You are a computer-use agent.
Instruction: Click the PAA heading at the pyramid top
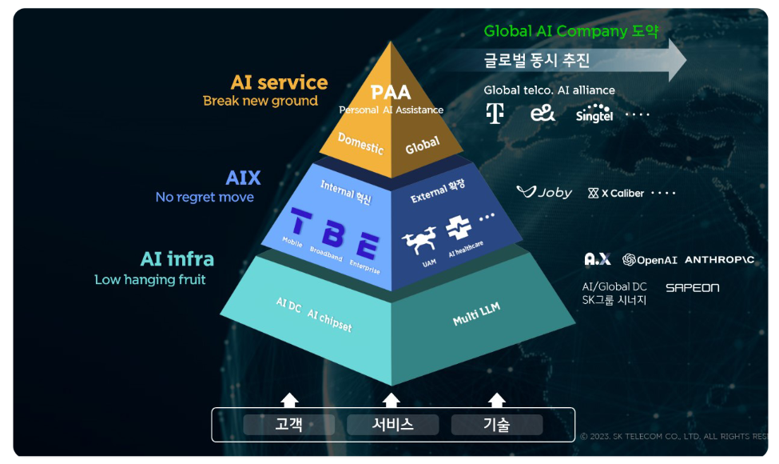[391, 92]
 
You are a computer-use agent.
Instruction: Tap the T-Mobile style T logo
[495, 114]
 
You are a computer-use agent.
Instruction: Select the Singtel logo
[594, 113]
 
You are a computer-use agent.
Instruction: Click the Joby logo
[545, 192]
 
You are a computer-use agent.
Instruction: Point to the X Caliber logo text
[616, 193]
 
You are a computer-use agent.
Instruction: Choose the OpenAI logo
[650, 260]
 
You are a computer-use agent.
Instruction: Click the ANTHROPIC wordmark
[719, 260]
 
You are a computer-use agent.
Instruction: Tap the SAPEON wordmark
[692, 287]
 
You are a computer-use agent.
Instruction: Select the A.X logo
[597, 259]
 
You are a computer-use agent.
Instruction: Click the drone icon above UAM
[419, 242]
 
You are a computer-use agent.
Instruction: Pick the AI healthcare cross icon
[459, 227]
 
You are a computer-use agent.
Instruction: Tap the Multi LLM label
[476, 314]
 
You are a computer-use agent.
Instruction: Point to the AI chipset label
[329, 320]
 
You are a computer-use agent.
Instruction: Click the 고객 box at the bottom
[288, 425]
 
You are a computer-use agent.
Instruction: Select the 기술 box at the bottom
[497, 425]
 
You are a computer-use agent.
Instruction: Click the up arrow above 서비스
[391, 400]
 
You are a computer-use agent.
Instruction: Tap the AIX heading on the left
[243, 178]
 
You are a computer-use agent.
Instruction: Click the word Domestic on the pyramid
[360, 143]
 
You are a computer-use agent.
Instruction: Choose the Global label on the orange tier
[423, 145]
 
